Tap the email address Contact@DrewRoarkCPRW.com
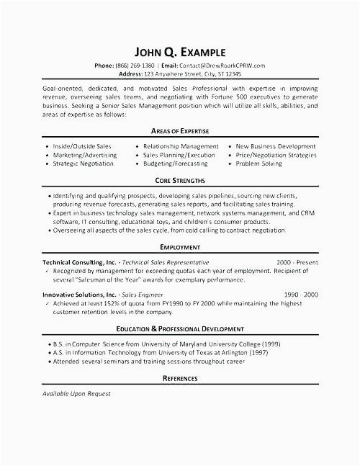(222, 66)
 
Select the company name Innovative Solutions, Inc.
(78, 295)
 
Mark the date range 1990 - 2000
(300, 295)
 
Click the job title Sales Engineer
(142, 295)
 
